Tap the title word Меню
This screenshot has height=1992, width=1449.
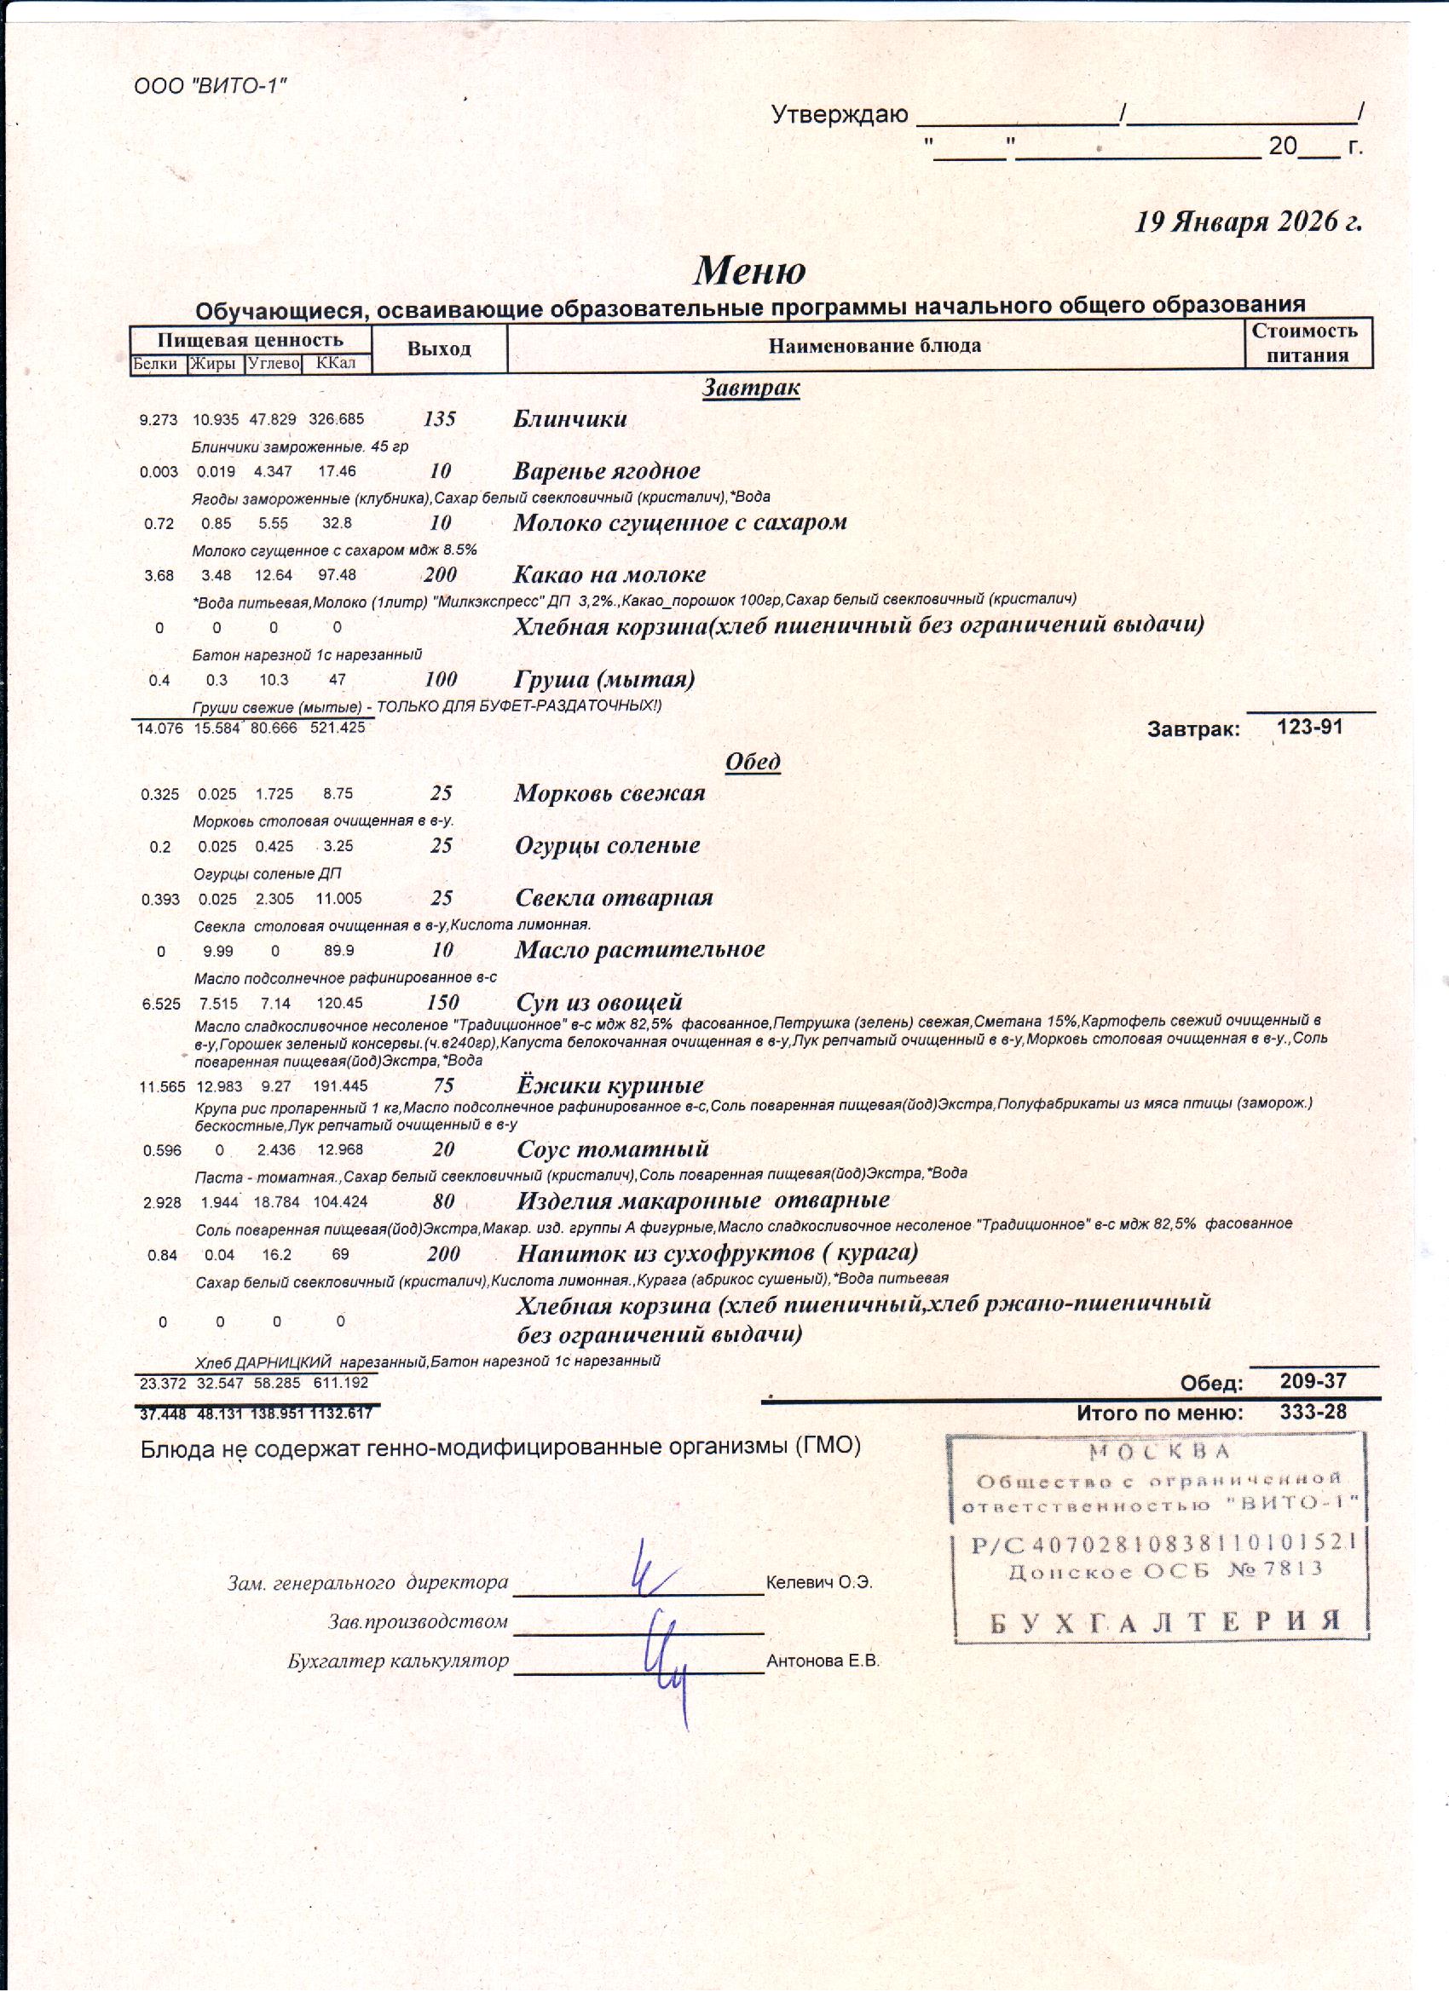(x=749, y=271)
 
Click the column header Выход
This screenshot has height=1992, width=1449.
(x=438, y=348)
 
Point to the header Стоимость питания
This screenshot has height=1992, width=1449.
(x=1307, y=343)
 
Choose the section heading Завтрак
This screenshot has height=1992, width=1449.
(x=750, y=388)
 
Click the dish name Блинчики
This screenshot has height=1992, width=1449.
(x=569, y=419)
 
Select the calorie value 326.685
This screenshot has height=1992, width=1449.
(x=337, y=420)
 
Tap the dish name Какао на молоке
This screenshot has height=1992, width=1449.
(x=609, y=575)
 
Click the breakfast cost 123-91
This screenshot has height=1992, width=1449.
(x=1309, y=727)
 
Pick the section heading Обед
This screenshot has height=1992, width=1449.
(x=752, y=762)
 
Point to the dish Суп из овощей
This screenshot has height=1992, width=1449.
(x=598, y=1002)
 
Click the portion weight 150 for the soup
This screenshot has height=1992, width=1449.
(x=443, y=1002)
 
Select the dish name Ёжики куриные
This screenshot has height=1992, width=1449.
(x=609, y=1085)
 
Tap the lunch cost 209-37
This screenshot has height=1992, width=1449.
(x=1313, y=1381)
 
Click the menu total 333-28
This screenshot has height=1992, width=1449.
(x=1313, y=1413)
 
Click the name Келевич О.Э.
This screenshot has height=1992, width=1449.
(x=819, y=1583)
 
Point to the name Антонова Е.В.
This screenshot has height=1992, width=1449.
(x=823, y=1661)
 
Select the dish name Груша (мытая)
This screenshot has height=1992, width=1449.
(x=603, y=679)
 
